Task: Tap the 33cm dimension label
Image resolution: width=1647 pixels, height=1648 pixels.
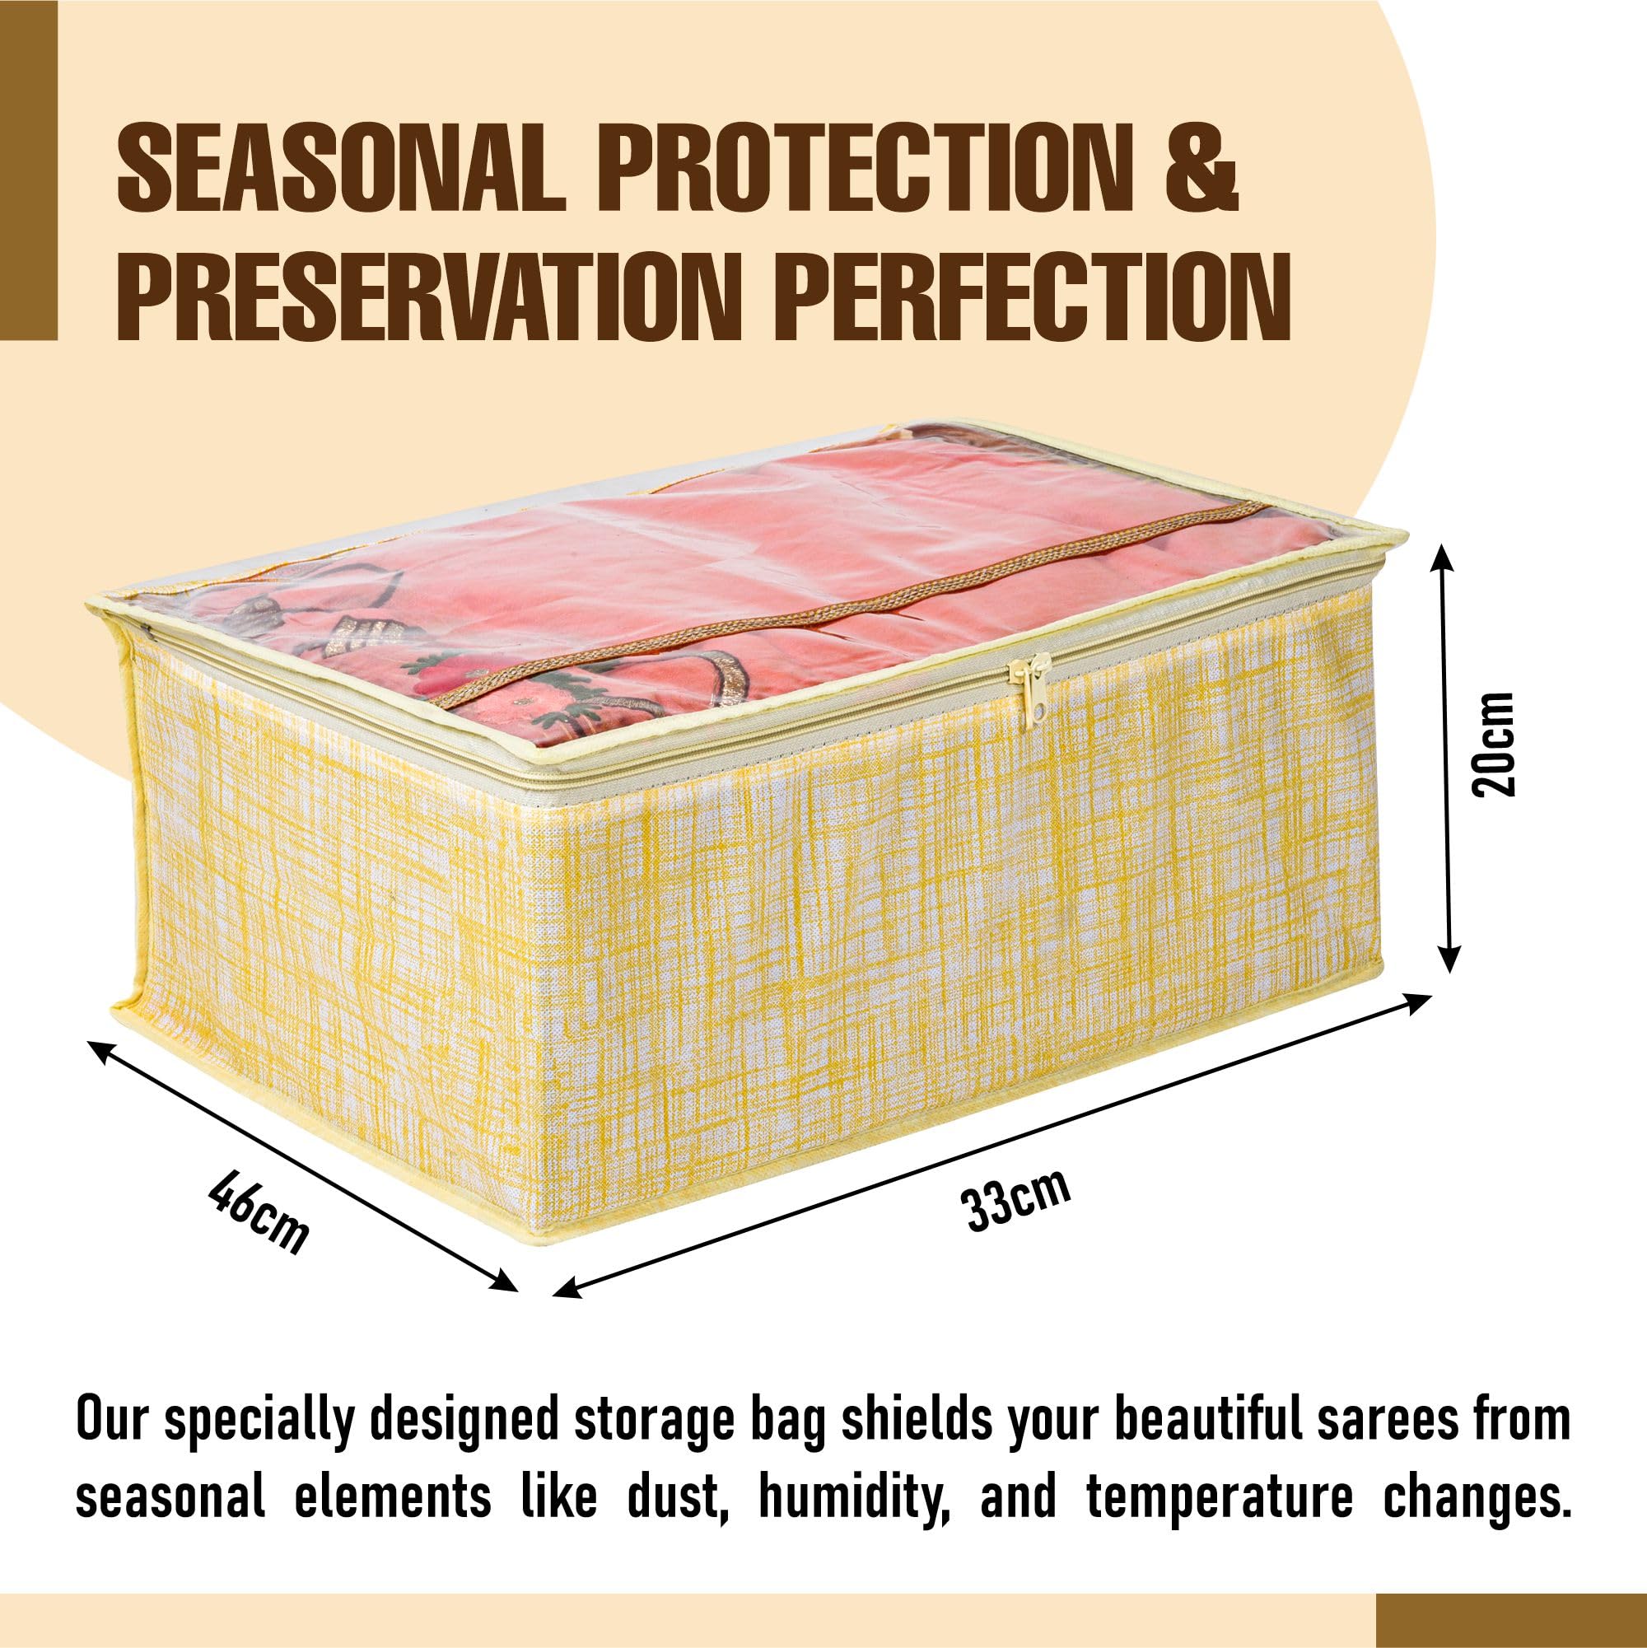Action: (1016, 1201)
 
